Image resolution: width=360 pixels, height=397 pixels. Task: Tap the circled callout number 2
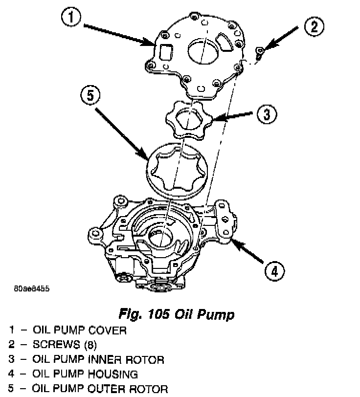coord(314,26)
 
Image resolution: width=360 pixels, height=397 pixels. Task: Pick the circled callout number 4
coord(275,270)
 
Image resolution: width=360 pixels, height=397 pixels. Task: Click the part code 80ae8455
coord(32,288)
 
